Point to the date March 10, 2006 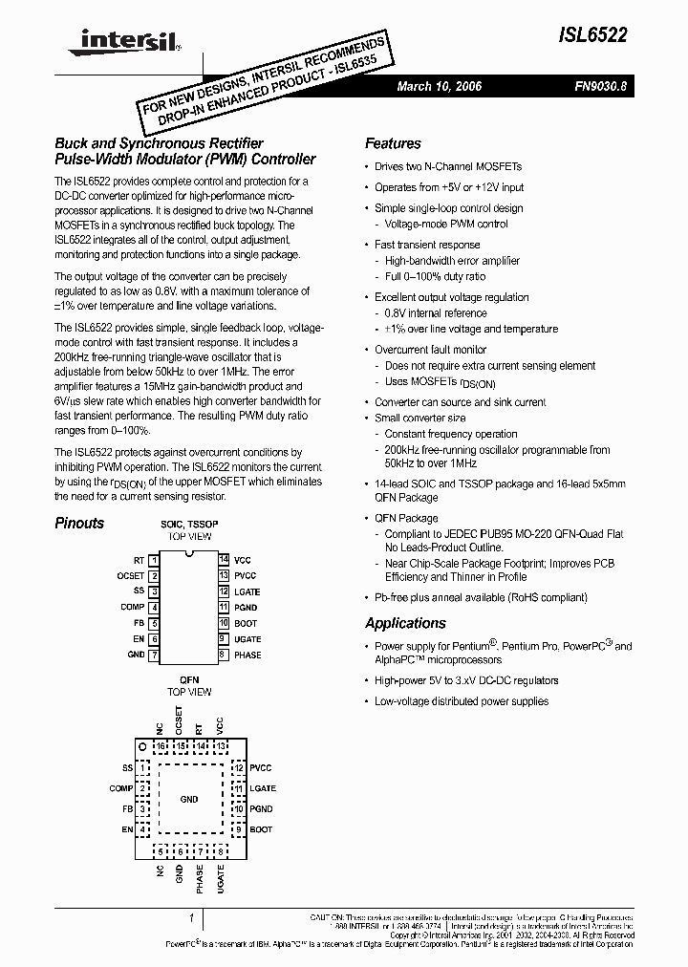click(440, 86)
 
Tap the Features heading click(393, 143)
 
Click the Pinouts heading click(79, 523)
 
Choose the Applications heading click(405, 623)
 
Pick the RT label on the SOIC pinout click(139, 560)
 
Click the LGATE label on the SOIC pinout click(247, 591)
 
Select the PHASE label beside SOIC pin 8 click(247, 655)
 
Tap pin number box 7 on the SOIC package click(154, 655)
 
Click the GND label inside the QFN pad click(189, 798)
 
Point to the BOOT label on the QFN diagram click(261, 829)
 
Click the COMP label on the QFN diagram click(121, 788)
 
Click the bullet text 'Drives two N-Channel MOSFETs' click(441, 167)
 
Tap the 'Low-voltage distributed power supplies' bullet click(461, 700)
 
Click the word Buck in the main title click(71, 143)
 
